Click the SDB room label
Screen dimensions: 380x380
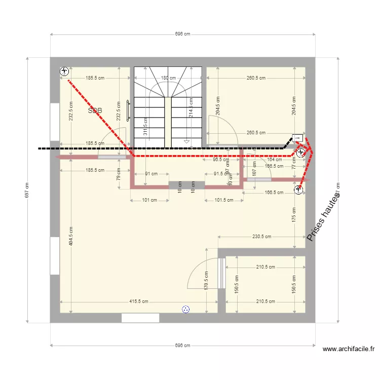coord(95,110)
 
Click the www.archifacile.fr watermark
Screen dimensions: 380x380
coord(350,349)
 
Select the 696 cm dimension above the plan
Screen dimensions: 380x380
coord(182,34)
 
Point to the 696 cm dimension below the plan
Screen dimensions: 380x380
coord(182,346)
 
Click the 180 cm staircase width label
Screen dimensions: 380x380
coord(168,78)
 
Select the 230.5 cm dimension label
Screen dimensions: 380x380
coord(261,237)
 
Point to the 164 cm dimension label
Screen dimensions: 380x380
coord(274,160)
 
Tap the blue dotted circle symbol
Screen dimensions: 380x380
coord(185,309)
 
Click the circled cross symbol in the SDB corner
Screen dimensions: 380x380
coord(64,71)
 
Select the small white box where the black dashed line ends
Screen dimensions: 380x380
coord(297,137)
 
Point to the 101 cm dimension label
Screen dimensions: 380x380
coord(149,200)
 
